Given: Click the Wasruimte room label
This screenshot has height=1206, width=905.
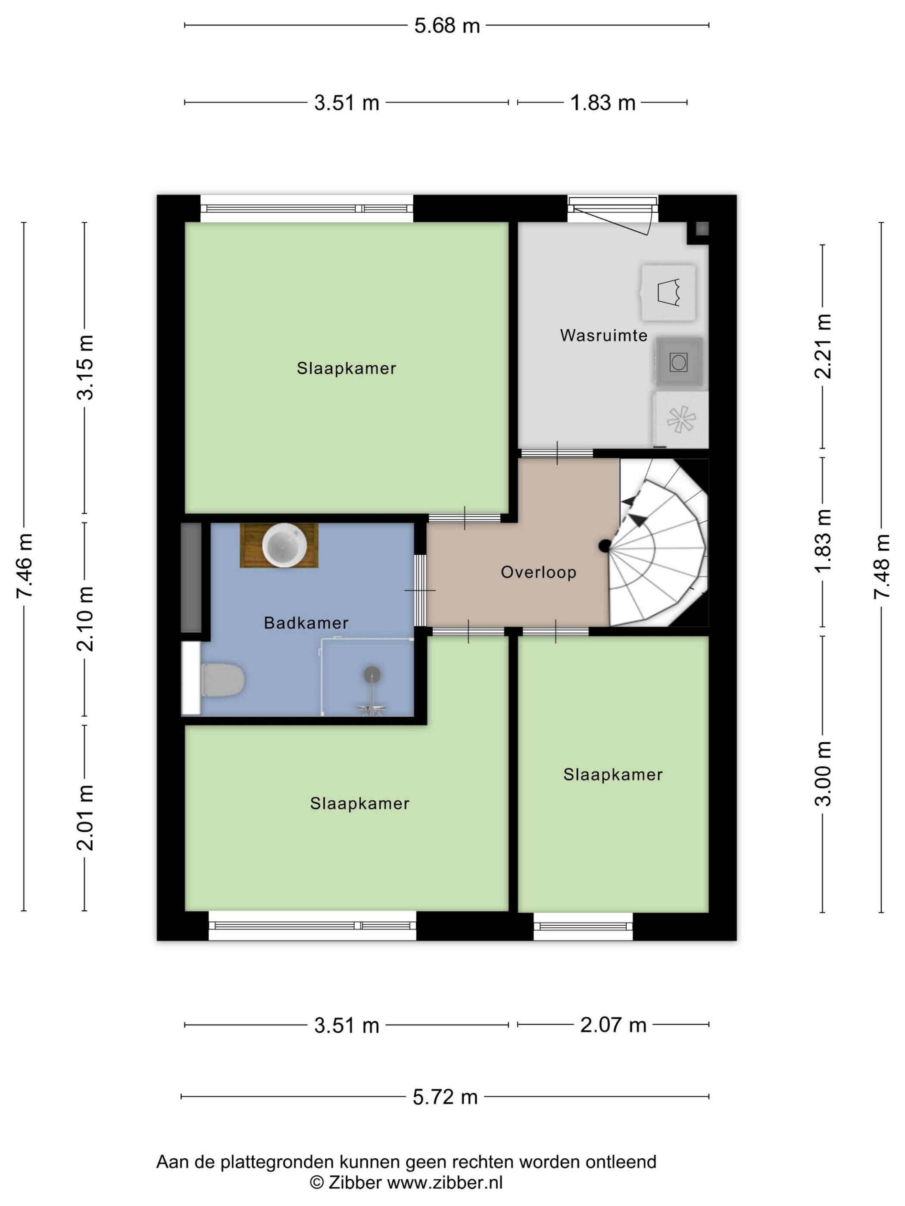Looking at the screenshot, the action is point(603,335).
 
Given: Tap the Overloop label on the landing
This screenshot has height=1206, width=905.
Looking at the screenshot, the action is point(538,572).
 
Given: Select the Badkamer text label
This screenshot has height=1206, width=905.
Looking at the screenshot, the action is point(306,623).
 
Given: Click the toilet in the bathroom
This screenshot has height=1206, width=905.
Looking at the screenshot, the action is point(222,680).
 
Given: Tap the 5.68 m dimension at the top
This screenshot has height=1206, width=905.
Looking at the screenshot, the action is point(447,25).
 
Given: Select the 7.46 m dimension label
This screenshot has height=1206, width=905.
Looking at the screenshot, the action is point(25,566).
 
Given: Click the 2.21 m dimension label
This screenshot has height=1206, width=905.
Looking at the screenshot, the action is point(823,346).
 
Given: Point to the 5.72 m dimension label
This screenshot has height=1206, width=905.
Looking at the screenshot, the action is point(445,1097).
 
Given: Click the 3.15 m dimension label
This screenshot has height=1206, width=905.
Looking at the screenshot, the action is point(85,367).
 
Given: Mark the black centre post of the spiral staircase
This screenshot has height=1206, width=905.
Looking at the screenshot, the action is point(605,545).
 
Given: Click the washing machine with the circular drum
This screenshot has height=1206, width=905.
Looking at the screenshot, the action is point(679,362).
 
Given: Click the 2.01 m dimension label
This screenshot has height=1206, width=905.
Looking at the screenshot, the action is point(85,818).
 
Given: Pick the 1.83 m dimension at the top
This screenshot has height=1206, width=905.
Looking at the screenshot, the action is point(603,103).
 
